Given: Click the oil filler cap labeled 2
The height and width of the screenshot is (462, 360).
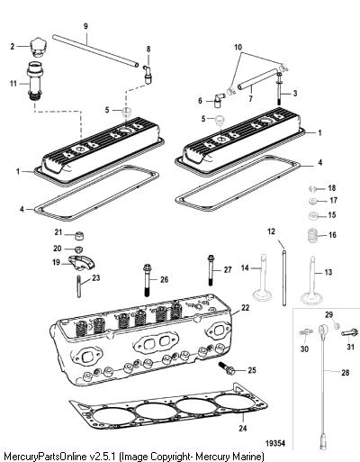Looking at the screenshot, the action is (38, 48).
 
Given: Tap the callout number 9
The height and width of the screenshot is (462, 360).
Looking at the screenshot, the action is (85, 26).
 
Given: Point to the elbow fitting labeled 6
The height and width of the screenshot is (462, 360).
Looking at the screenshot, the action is (218, 101).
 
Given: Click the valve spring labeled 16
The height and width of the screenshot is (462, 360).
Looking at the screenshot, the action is (313, 235).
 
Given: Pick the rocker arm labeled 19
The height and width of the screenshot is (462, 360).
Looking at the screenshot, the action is (82, 262).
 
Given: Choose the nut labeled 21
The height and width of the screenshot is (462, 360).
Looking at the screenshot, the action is (79, 236).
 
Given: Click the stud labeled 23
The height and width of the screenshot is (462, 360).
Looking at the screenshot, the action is (79, 286).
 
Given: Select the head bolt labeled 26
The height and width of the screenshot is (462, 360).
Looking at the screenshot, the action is (148, 280).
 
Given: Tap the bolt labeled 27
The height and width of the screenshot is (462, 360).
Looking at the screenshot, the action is (211, 270).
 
